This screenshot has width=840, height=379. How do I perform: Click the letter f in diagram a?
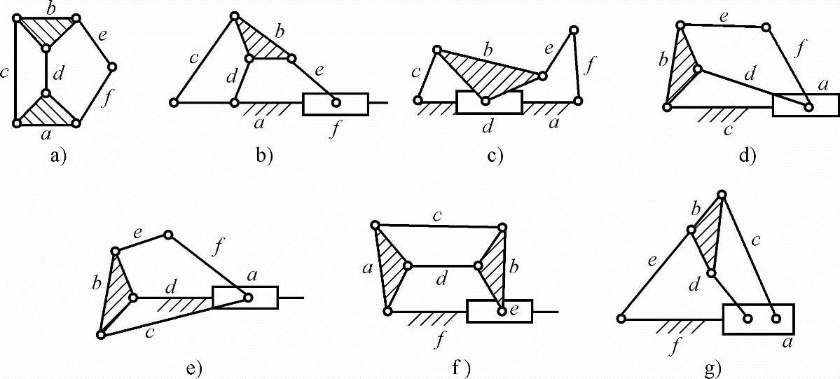(106, 98)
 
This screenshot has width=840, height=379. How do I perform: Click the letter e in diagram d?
(722, 15)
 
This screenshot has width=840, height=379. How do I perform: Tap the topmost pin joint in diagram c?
(574, 30)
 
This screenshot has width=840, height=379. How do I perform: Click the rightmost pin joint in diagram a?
(111, 67)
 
